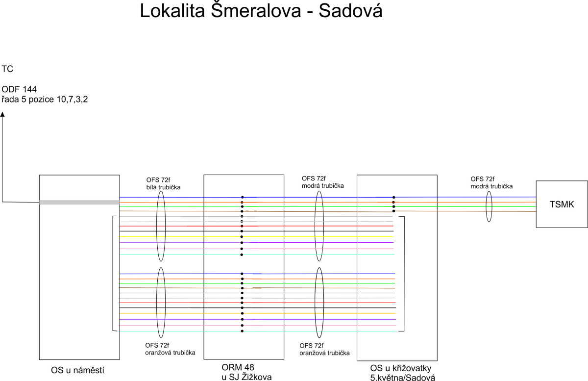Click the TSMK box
coord(562,204)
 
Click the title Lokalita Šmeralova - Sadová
coord(261,11)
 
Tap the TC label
coord(7,69)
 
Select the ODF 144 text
coord(19,89)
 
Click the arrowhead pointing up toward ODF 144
coord(2,114)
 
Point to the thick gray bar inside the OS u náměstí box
coord(79,203)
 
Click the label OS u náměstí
coord(77,370)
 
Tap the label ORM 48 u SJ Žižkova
coord(246,372)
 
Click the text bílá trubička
coord(163,187)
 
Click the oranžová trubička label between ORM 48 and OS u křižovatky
coord(324,353)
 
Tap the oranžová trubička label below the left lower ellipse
coord(170,353)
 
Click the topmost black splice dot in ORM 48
coord(242,197)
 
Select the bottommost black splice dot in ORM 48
coord(242,331)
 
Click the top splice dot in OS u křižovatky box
coord(394,197)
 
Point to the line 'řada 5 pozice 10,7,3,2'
coord(45,100)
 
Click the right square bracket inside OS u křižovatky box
coord(404,274)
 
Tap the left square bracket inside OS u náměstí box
coord(113,273)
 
